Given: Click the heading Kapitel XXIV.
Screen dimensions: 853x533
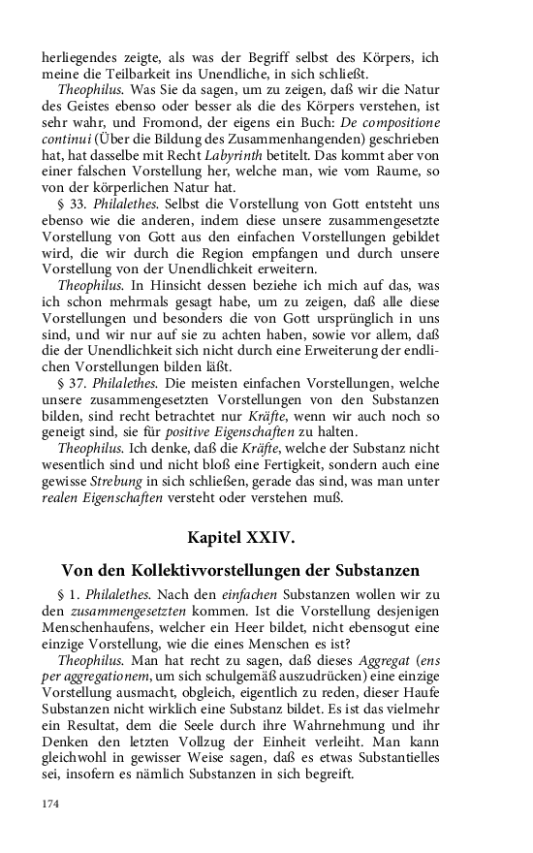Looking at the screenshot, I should point(266,534).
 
